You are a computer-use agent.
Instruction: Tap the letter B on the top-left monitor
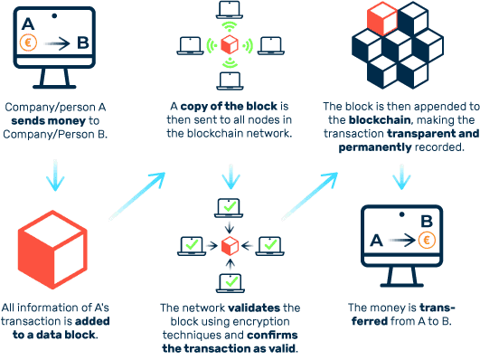click(83, 41)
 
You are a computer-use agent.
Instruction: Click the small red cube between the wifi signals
click(230, 44)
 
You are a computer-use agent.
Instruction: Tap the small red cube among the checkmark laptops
click(230, 245)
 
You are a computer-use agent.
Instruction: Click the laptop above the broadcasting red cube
click(229, 11)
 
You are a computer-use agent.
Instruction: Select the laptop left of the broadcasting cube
click(190, 44)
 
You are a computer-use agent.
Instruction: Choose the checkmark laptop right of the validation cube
click(268, 244)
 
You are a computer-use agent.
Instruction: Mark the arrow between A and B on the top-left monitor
click(56, 42)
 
